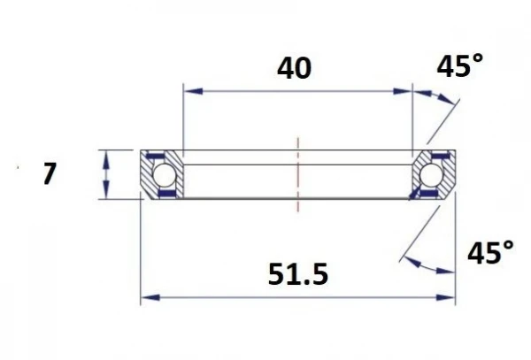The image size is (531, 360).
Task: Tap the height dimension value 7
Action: tap(50, 174)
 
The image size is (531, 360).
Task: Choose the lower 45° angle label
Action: tap(489, 255)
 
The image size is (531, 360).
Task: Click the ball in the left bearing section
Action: tap(164, 175)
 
